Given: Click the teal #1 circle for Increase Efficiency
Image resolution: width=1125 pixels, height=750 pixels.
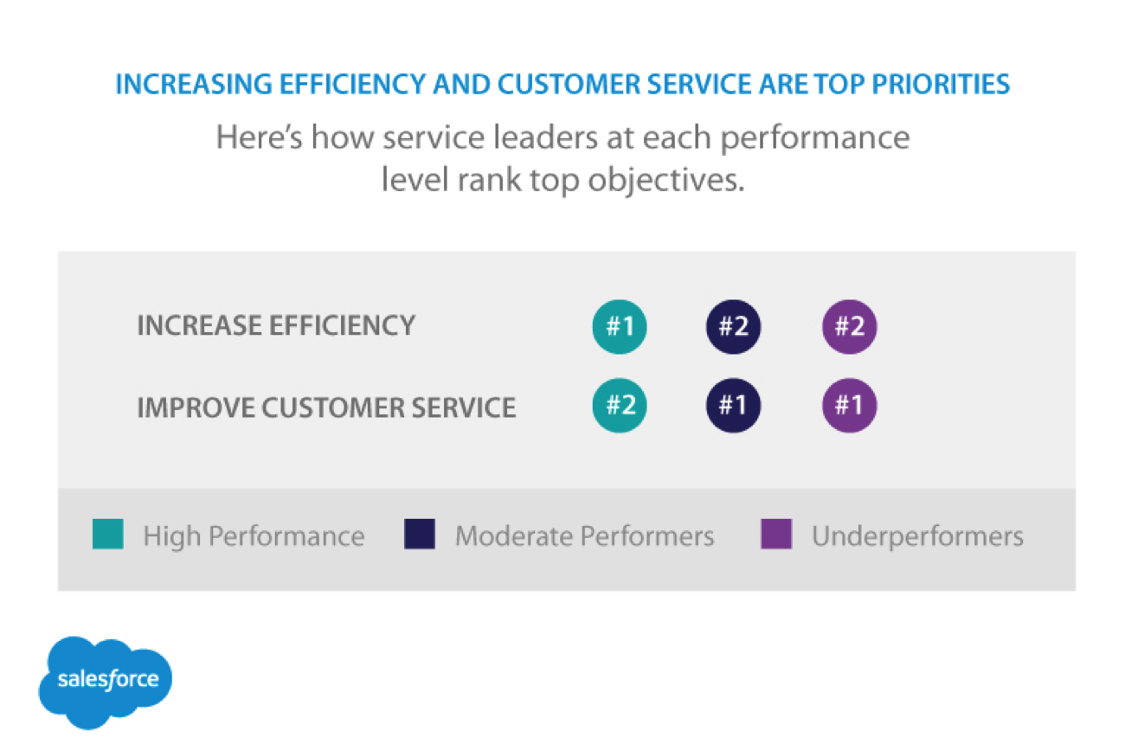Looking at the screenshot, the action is click(620, 327).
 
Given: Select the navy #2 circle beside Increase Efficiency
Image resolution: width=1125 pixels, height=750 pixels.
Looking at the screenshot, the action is click(733, 327).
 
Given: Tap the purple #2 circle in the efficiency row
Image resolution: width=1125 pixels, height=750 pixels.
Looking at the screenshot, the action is click(849, 327).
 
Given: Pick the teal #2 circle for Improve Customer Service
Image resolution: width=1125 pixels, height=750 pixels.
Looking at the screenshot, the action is click(620, 406).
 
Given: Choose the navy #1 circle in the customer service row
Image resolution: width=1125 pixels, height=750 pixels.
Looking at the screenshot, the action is click(733, 406).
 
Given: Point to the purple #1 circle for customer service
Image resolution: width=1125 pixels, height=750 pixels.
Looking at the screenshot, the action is click(849, 406).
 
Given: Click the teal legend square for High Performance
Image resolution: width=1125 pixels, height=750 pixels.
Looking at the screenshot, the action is click(108, 534).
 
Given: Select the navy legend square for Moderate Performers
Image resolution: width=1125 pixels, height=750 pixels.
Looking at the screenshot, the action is click(420, 534).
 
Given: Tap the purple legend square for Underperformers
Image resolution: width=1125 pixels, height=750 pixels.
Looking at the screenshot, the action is click(776, 534).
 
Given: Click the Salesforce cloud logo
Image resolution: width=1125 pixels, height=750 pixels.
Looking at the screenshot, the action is click(106, 682).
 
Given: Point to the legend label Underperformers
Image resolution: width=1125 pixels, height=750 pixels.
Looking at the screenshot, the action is click(917, 536).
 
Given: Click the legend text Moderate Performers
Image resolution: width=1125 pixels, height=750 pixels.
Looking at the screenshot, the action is click(585, 535).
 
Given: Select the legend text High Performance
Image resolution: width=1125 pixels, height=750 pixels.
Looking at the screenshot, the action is click(254, 535).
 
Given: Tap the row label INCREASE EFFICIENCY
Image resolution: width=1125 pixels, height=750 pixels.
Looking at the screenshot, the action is click(276, 325).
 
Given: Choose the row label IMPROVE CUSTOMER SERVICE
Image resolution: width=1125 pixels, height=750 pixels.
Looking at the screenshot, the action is click(326, 407).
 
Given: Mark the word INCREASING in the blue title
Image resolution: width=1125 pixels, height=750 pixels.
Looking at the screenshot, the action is click(194, 84).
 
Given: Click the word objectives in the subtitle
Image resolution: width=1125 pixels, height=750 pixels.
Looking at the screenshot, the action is click(666, 181).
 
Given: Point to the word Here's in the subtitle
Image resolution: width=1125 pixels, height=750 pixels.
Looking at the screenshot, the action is click(259, 137).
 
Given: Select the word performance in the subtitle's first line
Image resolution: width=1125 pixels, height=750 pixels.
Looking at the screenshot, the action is click(815, 138).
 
